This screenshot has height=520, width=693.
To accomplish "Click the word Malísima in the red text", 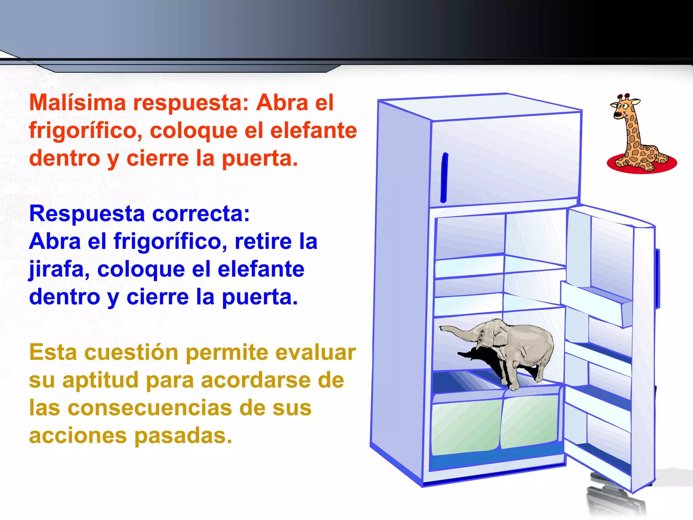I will (x=77, y=103).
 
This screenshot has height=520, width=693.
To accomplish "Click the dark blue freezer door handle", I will (x=444, y=178).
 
